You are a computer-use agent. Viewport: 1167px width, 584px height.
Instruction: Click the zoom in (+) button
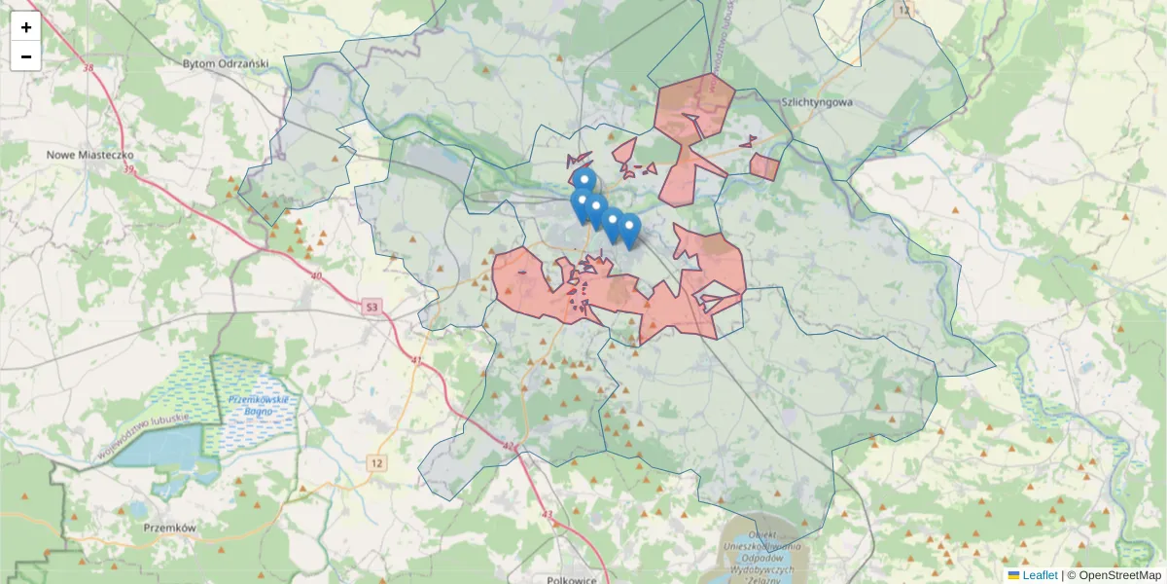tap(26, 27)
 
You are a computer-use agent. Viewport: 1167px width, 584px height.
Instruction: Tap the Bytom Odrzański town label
tap(225, 63)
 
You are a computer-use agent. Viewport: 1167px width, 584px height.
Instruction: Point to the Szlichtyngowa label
tap(816, 101)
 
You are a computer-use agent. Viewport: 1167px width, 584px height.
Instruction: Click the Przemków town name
tap(169, 528)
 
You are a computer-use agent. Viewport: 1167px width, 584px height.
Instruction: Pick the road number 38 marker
tap(89, 68)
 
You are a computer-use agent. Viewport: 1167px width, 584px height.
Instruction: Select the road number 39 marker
tap(128, 169)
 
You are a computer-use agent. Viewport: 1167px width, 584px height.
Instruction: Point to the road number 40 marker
tap(316, 276)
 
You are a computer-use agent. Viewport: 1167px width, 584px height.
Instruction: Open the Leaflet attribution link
tap(1039, 575)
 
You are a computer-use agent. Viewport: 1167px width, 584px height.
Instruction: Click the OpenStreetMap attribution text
tap(1118, 575)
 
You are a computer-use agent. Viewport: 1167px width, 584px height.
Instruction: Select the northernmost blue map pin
tap(583, 181)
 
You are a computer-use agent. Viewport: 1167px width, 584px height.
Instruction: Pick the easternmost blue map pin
tap(629, 229)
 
